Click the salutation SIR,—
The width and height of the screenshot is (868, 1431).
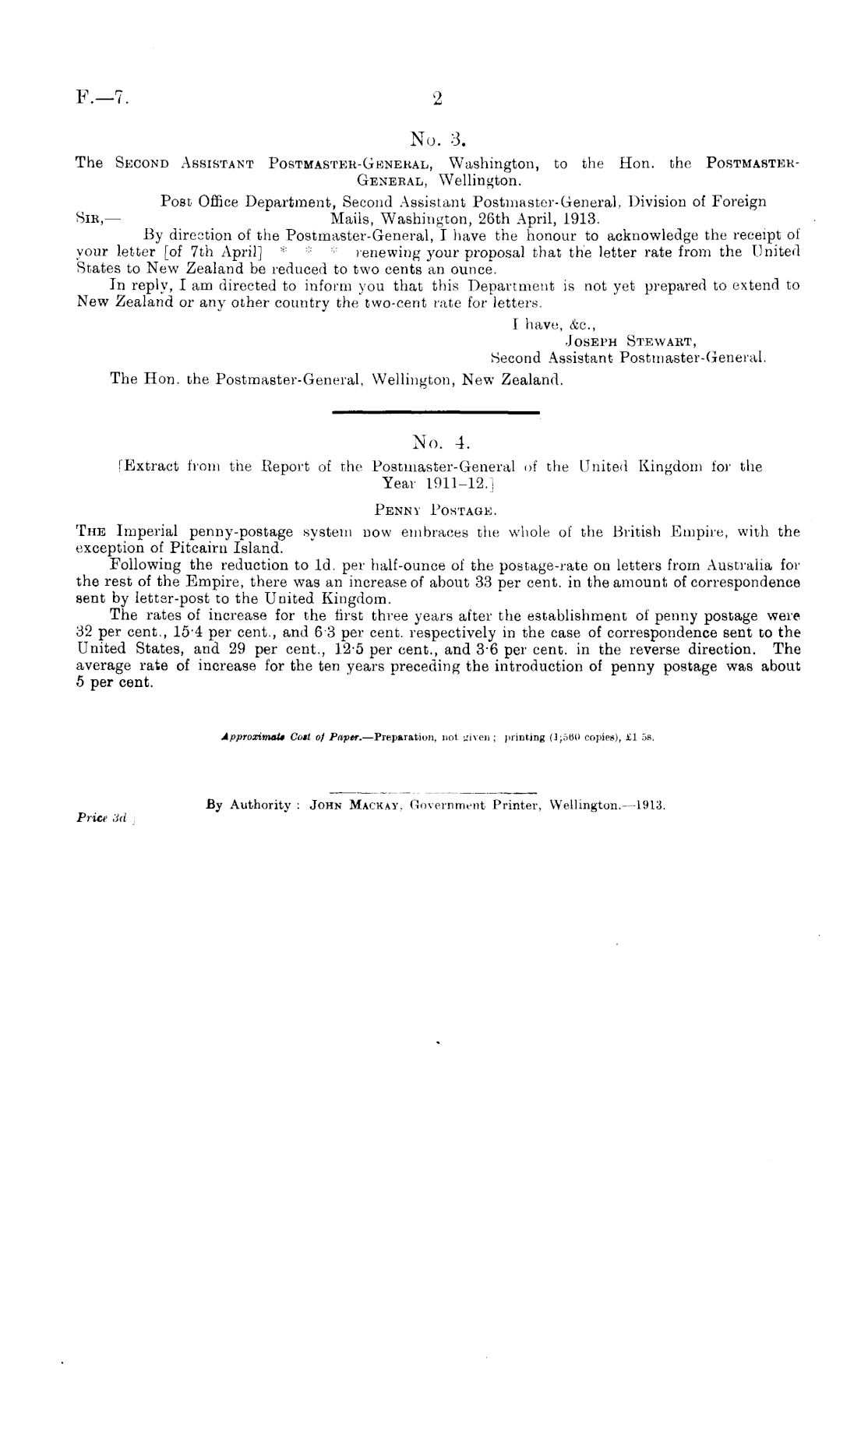pyautogui.click(x=97, y=219)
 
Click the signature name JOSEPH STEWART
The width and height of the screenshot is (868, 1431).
pyautogui.click(x=628, y=340)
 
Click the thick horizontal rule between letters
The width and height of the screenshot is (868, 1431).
pyautogui.click(x=436, y=412)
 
